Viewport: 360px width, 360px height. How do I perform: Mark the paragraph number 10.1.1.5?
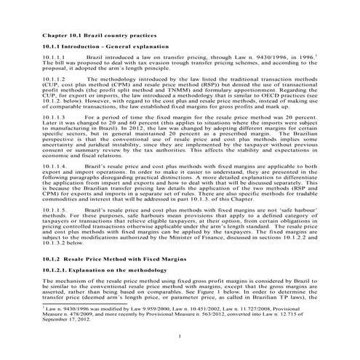55,208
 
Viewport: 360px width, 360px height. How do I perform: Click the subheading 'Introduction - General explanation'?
116,45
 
